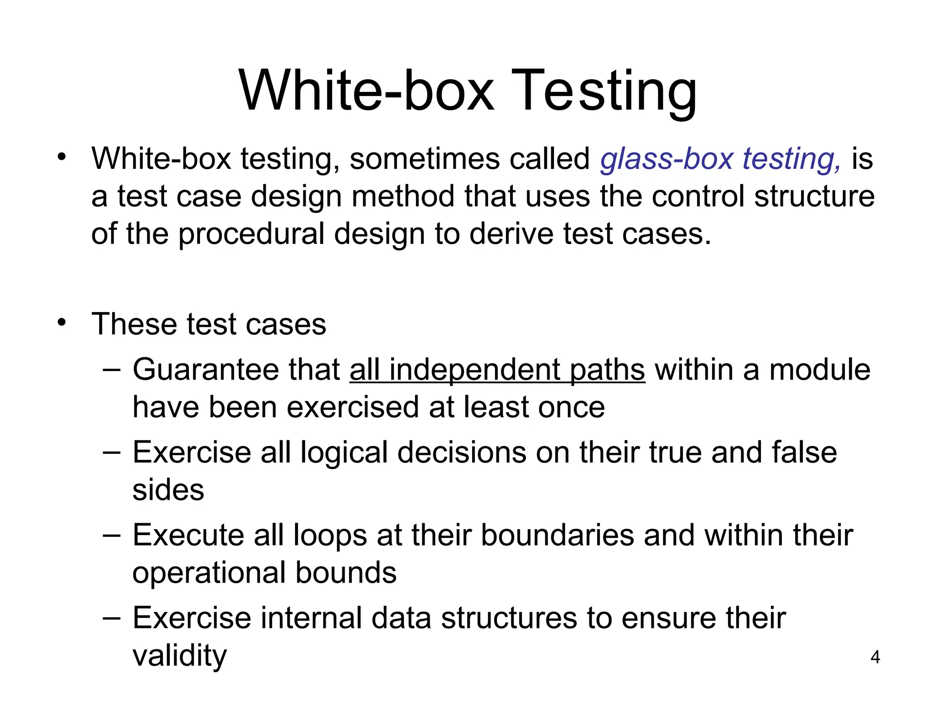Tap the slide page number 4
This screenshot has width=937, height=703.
point(875,658)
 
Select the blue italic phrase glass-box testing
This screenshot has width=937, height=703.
point(721,159)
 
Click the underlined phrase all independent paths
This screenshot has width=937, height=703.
point(497,370)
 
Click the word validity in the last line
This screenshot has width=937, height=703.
point(179,655)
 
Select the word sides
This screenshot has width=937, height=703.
point(168,490)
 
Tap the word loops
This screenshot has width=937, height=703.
point(330,535)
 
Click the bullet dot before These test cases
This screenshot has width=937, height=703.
point(62,323)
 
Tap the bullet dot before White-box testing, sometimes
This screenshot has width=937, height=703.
point(62,157)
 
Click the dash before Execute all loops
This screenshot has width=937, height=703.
point(112,535)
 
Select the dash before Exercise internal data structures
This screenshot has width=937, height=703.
point(112,618)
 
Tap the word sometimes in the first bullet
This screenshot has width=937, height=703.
point(424,159)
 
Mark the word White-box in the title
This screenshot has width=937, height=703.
point(366,92)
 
